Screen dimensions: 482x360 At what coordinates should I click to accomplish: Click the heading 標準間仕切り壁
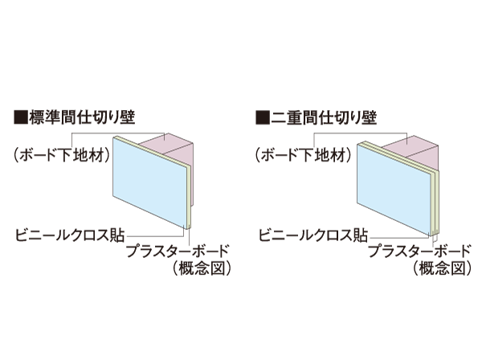[82, 117]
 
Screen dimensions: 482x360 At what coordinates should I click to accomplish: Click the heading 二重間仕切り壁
[324, 118]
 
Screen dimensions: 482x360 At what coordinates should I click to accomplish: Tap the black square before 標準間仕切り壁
[21, 118]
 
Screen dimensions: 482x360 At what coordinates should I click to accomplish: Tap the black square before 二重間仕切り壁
[262, 118]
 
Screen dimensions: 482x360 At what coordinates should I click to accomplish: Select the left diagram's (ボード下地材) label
[62, 155]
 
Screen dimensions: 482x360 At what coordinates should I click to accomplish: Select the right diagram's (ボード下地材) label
[303, 155]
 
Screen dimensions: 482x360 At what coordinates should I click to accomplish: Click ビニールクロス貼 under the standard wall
[70, 235]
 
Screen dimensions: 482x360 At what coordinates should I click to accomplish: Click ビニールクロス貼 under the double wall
[313, 235]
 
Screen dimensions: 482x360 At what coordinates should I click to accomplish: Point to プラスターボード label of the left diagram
[178, 251]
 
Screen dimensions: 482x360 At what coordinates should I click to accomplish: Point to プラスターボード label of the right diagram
[420, 251]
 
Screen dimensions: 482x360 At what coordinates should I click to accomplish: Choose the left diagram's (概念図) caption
[202, 268]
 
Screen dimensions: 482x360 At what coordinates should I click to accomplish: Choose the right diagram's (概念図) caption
[443, 268]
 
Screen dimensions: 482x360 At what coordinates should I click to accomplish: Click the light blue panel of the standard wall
[150, 182]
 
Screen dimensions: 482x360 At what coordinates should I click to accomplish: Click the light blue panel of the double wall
[393, 189]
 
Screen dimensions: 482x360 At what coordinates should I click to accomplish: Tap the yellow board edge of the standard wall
[190, 198]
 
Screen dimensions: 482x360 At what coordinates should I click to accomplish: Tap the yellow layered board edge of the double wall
[435, 203]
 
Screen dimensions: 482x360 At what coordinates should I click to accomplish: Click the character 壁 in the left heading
[128, 117]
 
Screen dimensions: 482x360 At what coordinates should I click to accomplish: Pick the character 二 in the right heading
[278, 118]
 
